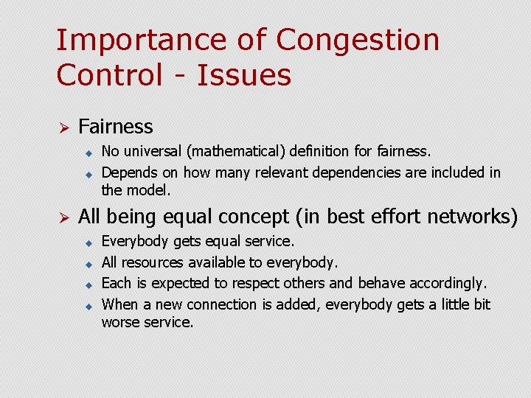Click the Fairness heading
click(x=115, y=127)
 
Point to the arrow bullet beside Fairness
click(x=63, y=128)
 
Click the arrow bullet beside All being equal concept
click(x=63, y=217)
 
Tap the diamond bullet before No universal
click(x=86, y=153)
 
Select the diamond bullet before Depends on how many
click(x=86, y=174)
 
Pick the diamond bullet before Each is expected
click(x=86, y=284)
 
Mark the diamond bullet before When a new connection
click(x=86, y=305)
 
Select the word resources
click(x=153, y=262)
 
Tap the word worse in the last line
click(x=119, y=322)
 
